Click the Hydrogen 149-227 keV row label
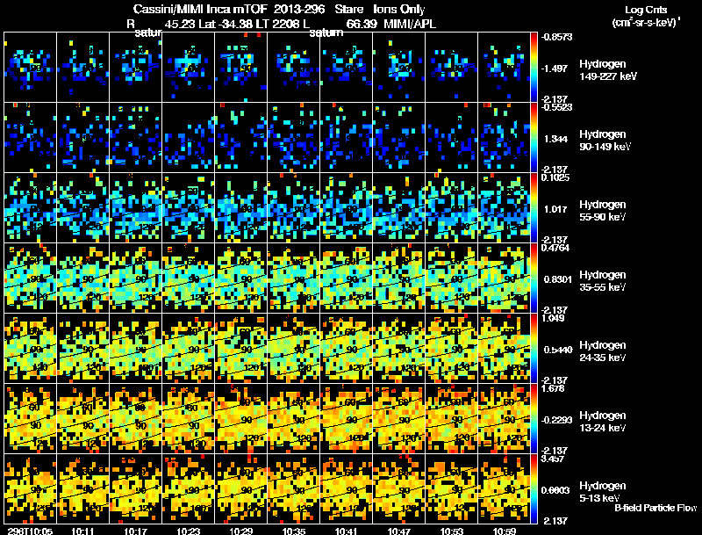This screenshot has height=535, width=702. coord(605,70)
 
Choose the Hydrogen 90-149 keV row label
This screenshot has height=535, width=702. coord(605,141)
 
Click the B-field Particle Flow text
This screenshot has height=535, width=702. coord(655,508)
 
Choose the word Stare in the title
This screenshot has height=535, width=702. coord(338,9)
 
